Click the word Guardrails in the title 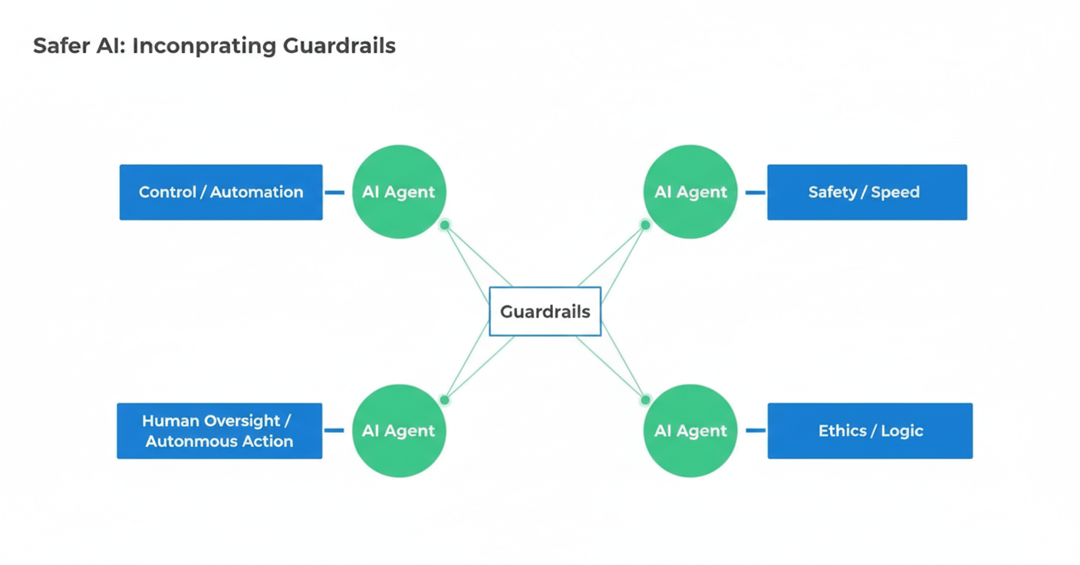(x=339, y=46)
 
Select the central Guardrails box (x=545, y=312)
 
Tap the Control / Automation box (x=221, y=192)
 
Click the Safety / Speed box (x=867, y=192)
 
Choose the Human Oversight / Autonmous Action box (x=219, y=431)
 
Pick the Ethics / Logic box (x=870, y=431)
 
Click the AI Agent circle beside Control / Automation (x=399, y=192)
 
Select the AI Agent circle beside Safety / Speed (x=690, y=192)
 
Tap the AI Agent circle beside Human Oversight (x=399, y=431)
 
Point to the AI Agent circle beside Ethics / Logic (x=690, y=431)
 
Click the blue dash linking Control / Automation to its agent (x=334, y=193)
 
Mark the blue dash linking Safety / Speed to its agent (x=755, y=193)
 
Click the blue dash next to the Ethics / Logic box (x=755, y=431)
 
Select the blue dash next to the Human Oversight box (x=334, y=431)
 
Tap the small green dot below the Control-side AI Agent (x=445, y=225)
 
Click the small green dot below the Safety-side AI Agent (x=645, y=225)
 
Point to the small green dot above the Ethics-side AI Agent (x=645, y=400)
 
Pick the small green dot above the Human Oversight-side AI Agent (x=444, y=400)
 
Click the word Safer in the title (x=59, y=46)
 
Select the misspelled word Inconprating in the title (x=203, y=46)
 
